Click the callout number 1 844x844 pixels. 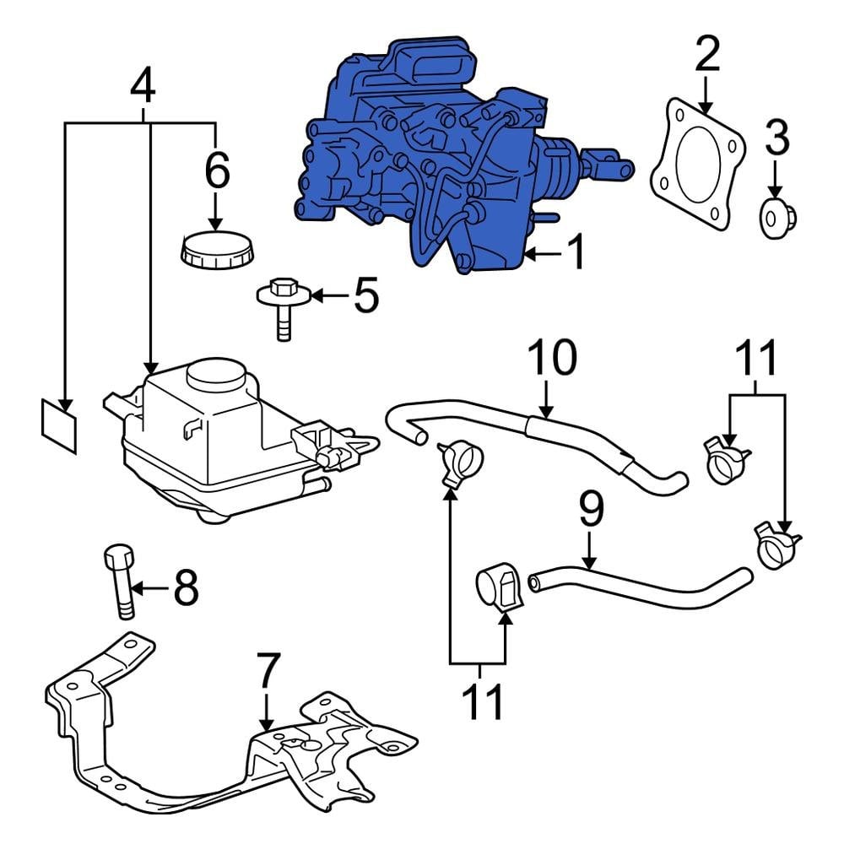click(576, 252)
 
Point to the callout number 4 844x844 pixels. click(143, 85)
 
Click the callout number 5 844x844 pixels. click(365, 296)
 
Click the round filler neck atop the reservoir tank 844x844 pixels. click(214, 373)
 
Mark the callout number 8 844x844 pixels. click(186, 587)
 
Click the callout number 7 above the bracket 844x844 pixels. click(267, 672)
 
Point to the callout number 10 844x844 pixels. click(552, 359)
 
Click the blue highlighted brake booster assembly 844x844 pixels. click(422, 160)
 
